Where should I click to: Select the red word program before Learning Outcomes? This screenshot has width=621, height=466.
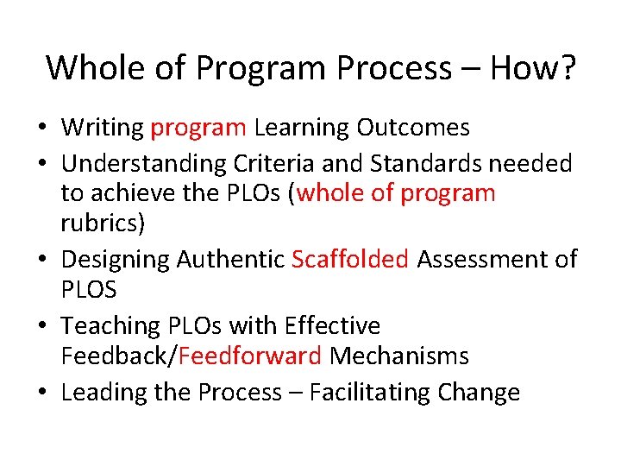198,129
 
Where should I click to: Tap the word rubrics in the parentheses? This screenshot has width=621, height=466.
103,224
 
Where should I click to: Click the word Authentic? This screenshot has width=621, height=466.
230,259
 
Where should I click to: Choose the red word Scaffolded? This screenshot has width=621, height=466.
350,259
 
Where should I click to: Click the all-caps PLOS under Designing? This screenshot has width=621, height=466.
88,289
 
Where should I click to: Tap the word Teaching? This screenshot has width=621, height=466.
110,326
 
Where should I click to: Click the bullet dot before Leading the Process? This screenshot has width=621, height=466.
42,394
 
